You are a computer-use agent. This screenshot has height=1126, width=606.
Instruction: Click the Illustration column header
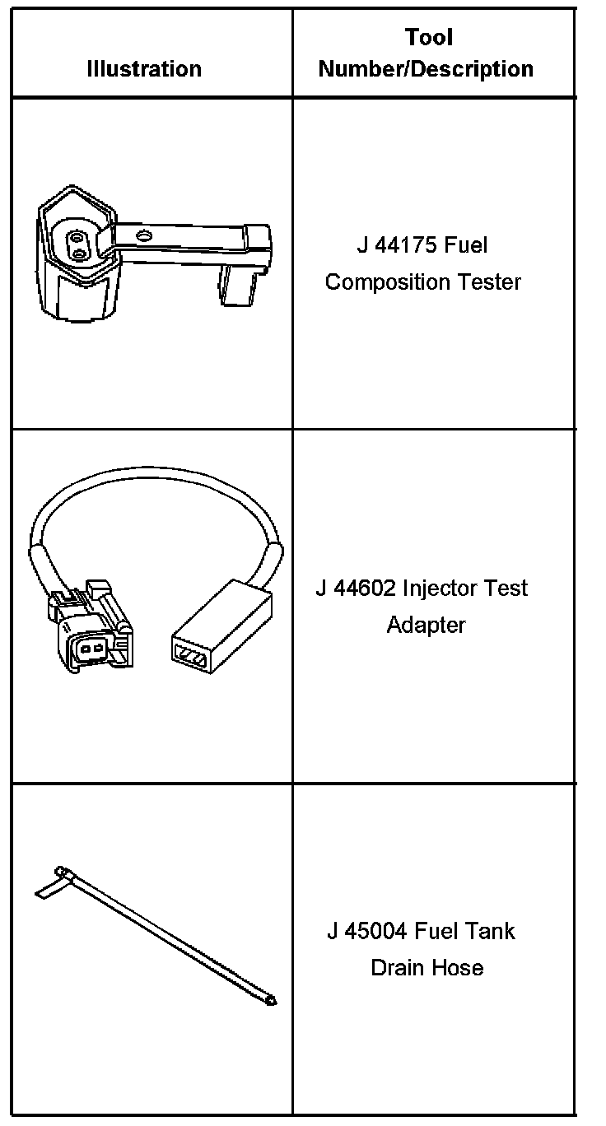point(144,69)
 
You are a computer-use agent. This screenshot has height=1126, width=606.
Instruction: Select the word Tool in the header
point(428,37)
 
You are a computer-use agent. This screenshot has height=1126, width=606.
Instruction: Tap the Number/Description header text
point(426,69)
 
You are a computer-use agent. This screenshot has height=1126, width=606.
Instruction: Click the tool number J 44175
point(392,245)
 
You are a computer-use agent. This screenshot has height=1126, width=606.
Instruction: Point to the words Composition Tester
point(423,282)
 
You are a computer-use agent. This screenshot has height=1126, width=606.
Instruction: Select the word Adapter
point(426,626)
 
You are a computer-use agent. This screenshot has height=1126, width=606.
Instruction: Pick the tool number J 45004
point(367,932)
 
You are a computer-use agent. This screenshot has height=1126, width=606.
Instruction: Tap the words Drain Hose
point(427,968)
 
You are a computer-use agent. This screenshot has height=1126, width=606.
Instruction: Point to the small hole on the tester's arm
point(145,237)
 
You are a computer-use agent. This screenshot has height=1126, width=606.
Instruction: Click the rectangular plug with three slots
point(221,634)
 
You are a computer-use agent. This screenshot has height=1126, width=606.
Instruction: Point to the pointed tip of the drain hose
point(272,1002)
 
